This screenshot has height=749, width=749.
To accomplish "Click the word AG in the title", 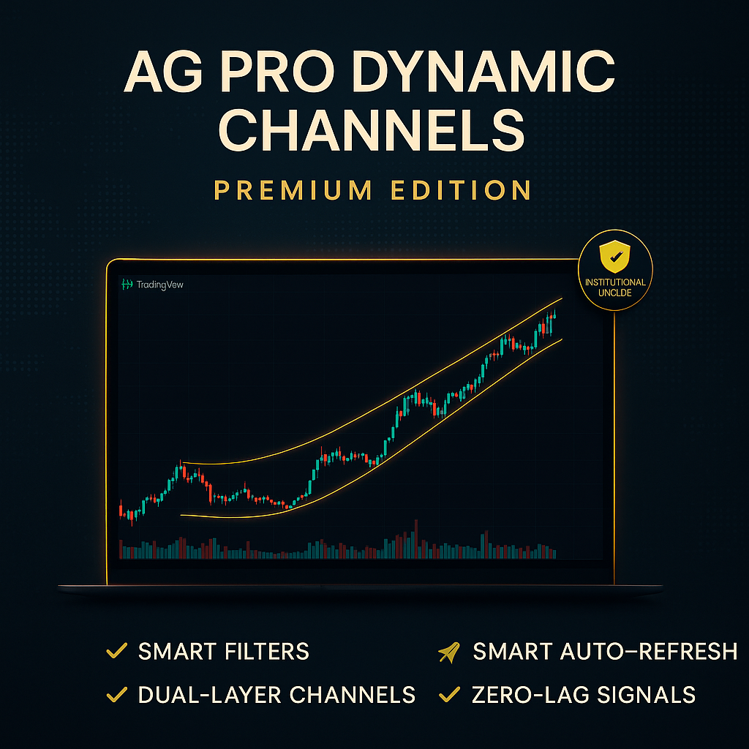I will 154,74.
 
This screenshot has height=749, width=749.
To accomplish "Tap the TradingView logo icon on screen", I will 127,285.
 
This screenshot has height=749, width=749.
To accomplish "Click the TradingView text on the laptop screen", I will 159,285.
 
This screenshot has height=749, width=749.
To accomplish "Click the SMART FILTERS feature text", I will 223,651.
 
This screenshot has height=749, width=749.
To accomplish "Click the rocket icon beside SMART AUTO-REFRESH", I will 448,651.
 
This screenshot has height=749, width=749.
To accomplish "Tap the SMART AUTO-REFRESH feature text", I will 605,651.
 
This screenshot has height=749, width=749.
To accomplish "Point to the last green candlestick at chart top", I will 555,314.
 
